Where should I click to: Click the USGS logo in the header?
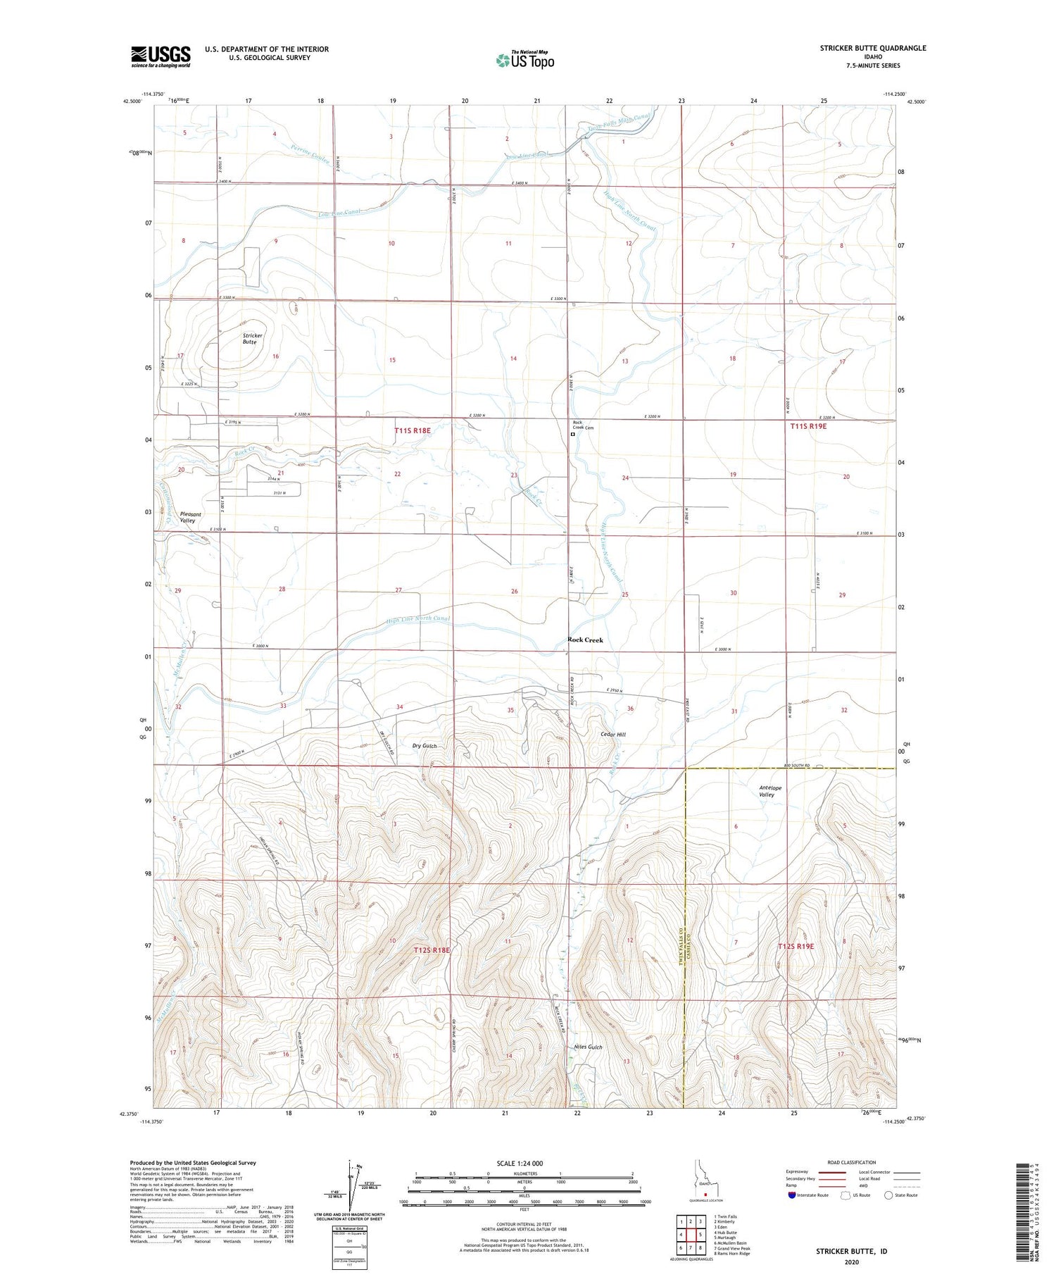[x=161, y=56]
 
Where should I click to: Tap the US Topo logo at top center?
[x=524, y=61]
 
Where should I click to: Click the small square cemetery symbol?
[x=572, y=435]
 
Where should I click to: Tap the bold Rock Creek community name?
[x=585, y=640]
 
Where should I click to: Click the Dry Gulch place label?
[x=425, y=745]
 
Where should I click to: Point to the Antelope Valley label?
[x=770, y=791]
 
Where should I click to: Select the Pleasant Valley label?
[x=190, y=517]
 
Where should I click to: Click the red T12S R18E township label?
[x=431, y=950]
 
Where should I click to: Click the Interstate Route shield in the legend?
[x=792, y=1195]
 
